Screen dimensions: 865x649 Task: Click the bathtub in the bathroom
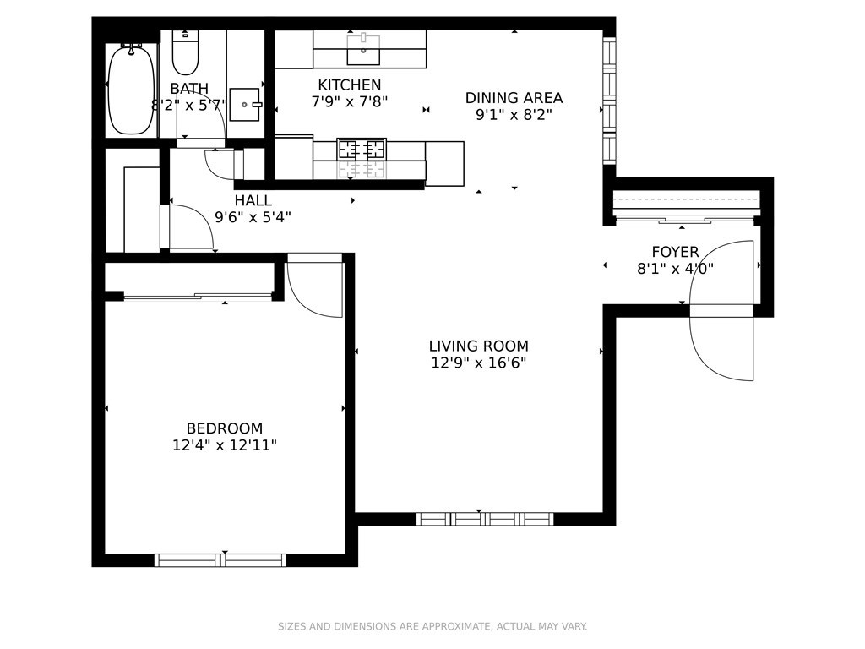[x=131, y=90]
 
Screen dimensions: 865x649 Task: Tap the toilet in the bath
[x=185, y=52]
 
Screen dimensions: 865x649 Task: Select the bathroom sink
[x=244, y=104]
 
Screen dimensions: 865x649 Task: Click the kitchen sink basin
[x=363, y=50]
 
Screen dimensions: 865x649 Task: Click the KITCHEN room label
[x=350, y=85]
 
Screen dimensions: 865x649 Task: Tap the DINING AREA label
[x=514, y=98]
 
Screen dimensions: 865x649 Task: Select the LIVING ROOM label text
[x=479, y=346]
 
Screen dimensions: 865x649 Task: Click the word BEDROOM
[x=225, y=428]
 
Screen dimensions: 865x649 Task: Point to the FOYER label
[x=675, y=252]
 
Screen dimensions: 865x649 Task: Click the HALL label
[x=253, y=200]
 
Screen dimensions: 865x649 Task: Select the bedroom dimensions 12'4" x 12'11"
[x=225, y=445]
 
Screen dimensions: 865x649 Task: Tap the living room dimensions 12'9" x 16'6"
[x=479, y=363]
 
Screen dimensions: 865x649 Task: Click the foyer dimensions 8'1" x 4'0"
[x=675, y=269]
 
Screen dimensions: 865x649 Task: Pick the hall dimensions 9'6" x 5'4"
[x=253, y=217]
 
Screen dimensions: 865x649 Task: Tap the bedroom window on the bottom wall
[x=220, y=560]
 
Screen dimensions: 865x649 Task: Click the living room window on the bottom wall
[x=485, y=519]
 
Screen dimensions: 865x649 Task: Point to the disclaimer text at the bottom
[x=432, y=626]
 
